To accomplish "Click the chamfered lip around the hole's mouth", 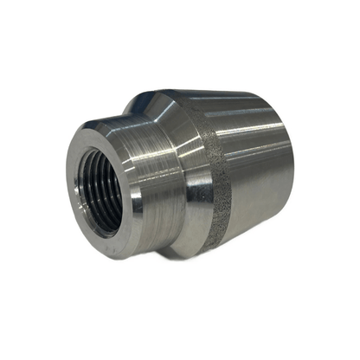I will [x=86, y=164].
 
